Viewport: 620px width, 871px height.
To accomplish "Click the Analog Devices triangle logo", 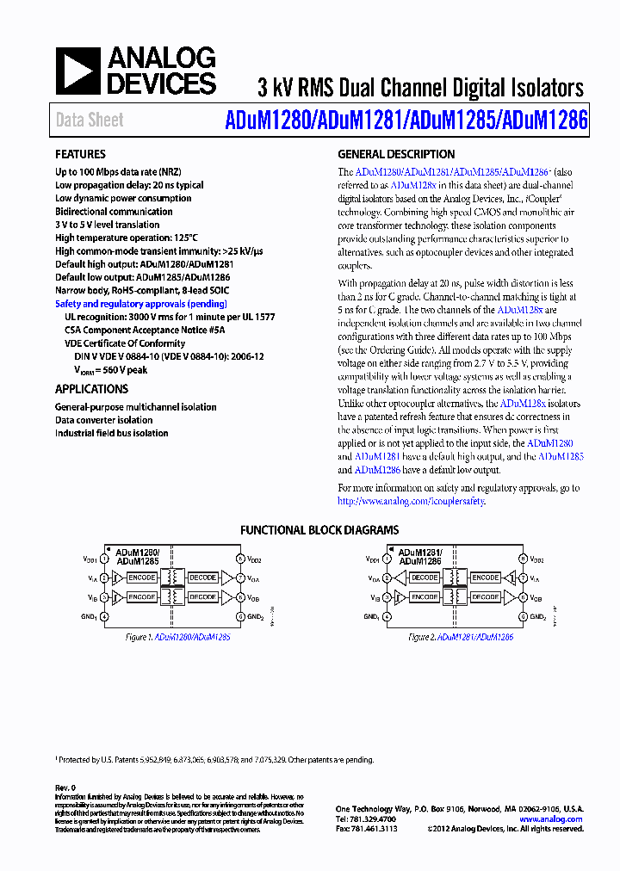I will [x=77, y=71].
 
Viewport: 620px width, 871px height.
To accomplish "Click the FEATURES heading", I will [x=81, y=155].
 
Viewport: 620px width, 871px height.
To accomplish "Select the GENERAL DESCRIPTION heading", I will [x=396, y=155].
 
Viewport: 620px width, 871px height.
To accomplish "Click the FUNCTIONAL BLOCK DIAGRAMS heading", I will [x=319, y=530].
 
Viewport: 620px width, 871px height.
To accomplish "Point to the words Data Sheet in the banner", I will [x=90, y=120].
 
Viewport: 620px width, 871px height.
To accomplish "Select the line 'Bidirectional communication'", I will [x=114, y=212].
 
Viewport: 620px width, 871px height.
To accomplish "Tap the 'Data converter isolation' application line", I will [x=104, y=420].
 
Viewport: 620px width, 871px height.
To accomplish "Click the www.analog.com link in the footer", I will [x=551, y=819].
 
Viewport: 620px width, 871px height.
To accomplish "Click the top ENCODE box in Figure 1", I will [x=142, y=578].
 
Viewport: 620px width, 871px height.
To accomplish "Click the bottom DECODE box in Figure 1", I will [x=202, y=596].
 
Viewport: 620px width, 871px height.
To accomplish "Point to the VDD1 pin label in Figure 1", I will [x=90, y=559].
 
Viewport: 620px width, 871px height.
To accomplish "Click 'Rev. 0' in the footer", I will [x=66, y=788].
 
